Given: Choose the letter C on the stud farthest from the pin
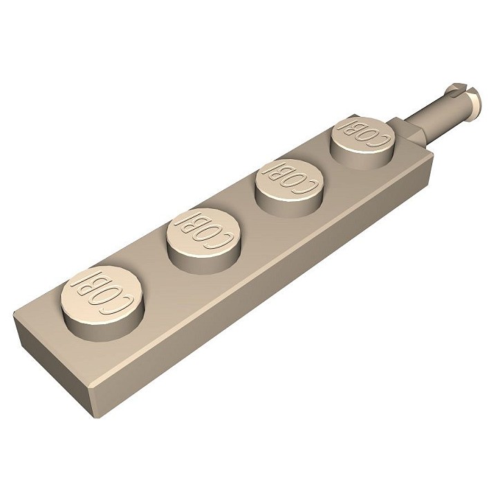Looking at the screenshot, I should (124, 304).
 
